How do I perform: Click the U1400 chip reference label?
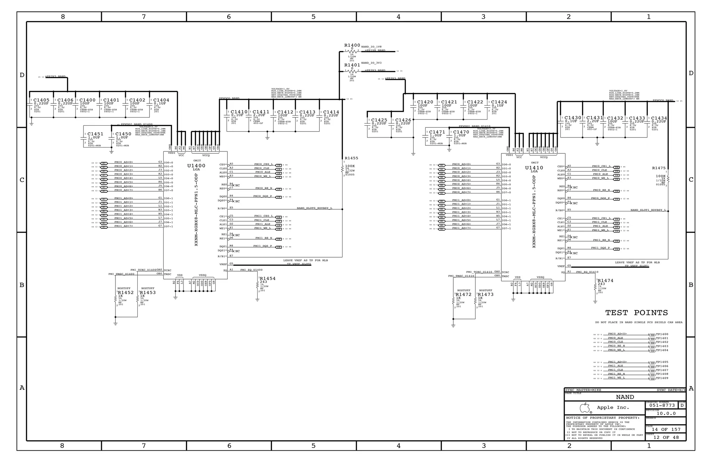coord(196,166)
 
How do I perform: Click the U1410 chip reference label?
coord(534,168)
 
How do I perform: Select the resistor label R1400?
coord(352,45)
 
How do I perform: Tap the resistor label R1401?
coord(352,65)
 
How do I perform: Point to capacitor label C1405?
coord(41,100)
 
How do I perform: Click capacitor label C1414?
coord(331,112)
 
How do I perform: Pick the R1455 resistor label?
coord(351,158)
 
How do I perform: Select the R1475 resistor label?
coord(659,168)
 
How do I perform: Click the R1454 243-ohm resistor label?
coord(267,278)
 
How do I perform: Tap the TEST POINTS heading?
coord(637,313)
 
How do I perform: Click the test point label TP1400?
coord(662,334)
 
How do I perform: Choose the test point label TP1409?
coord(662,378)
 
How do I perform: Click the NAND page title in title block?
coord(625,397)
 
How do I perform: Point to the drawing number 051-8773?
coord(662,405)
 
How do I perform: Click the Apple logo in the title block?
coord(585,408)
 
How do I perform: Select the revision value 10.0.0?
coord(666,413)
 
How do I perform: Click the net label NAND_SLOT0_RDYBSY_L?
coord(314,208)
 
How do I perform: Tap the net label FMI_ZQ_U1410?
coord(587,272)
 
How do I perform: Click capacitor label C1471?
coord(437,132)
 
